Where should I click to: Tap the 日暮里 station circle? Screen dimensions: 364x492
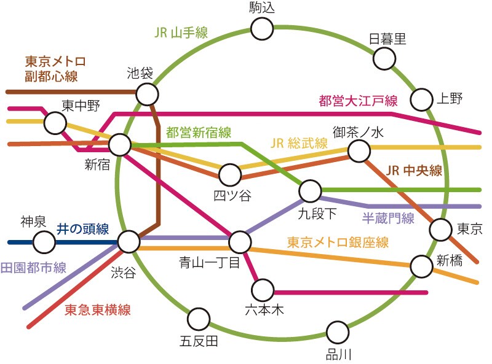pyautogui.click(x=384, y=60)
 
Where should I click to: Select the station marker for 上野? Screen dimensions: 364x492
pyautogui.click(x=423, y=99)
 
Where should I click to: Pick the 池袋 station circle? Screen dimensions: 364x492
pyautogui.click(x=147, y=95)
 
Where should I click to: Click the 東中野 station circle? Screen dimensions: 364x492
pyautogui.click(x=55, y=123)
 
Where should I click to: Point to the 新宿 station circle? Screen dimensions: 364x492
pyautogui.click(x=120, y=145)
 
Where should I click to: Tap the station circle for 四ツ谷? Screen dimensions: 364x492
pyautogui.click(x=230, y=174)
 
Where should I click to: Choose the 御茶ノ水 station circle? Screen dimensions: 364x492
pyautogui.click(x=358, y=150)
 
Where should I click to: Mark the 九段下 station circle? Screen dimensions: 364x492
pyautogui.click(x=311, y=191)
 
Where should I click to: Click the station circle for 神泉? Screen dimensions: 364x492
pyautogui.click(x=43, y=242)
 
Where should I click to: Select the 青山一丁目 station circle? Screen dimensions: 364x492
pyautogui.click(x=239, y=242)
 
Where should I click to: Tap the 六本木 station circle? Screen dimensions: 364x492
pyautogui.click(x=263, y=289)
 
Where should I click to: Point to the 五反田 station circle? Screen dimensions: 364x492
pyautogui.click(x=198, y=319)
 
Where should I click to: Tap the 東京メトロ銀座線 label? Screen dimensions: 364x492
pyautogui.click(x=338, y=242)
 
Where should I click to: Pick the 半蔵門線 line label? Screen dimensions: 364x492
pyautogui.click(x=387, y=219)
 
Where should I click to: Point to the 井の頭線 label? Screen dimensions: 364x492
pyautogui.click(x=83, y=230)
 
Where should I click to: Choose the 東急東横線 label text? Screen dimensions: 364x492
pyautogui.click(x=98, y=310)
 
